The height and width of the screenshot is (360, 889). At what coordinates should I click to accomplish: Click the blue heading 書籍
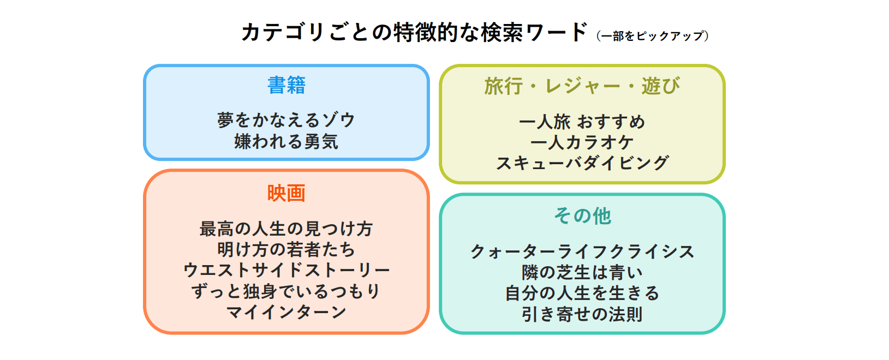coord(287,85)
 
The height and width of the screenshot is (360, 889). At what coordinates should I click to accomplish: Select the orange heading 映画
coord(287,193)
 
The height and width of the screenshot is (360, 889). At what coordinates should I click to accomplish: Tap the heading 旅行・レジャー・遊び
coord(582,86)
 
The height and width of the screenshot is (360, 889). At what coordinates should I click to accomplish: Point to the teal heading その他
coord(582,216)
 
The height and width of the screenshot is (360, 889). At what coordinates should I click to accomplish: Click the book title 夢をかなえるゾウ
coord(287,120)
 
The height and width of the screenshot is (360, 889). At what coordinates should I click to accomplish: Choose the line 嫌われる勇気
coord(287,142)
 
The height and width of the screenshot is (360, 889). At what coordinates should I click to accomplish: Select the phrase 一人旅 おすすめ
coord(582,122)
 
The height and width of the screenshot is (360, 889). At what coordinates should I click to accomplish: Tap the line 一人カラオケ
coord(582,142)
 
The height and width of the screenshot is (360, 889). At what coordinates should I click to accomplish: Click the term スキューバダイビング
coord(582,163)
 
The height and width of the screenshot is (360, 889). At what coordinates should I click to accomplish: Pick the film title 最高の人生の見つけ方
coord(287,229)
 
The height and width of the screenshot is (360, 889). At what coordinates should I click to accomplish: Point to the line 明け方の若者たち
coord(287,249)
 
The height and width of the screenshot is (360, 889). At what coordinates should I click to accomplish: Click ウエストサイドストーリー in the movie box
coord(287,270)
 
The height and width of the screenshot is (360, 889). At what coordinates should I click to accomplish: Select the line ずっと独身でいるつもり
coord(287,291)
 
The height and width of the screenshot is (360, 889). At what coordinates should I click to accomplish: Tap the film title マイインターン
coord(287,312)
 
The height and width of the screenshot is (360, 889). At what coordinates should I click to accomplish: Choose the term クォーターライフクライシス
coord(582,251)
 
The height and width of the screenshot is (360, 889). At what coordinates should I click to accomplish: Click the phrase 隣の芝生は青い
coord(582,272)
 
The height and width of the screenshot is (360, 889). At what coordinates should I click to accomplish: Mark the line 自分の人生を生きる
coord(582,293)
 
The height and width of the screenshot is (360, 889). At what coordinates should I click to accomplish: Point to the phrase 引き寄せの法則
coord(582,314)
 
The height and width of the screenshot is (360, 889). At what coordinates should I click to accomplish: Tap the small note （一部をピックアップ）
coord(653,36)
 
